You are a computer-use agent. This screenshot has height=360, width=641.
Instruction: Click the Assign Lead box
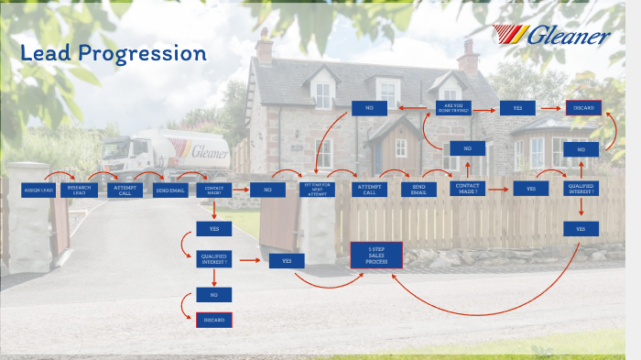coord(38,190)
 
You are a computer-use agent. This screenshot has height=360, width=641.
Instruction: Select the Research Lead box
coord(80,191)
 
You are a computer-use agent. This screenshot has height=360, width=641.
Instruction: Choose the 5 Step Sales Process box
coord(376,255)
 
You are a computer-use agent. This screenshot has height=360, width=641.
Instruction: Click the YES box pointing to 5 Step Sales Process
coord(287,261)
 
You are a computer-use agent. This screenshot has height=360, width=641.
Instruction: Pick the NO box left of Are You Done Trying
coord(369,108)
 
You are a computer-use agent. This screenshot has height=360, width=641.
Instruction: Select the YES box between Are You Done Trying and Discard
coord(517,108)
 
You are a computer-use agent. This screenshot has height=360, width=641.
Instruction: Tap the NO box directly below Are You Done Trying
coord(467,148)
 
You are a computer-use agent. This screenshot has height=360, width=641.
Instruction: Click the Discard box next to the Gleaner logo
coord(583,108)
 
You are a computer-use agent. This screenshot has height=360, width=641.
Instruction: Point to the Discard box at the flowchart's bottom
coord(214,320)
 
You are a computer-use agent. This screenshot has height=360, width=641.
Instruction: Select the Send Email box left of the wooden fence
coord(169,191)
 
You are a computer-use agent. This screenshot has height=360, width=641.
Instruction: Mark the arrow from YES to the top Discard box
coord(550,108)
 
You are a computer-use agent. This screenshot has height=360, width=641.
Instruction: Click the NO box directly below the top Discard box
coord(581,148)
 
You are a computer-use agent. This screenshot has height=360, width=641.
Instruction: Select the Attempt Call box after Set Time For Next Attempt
coord(369,189)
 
